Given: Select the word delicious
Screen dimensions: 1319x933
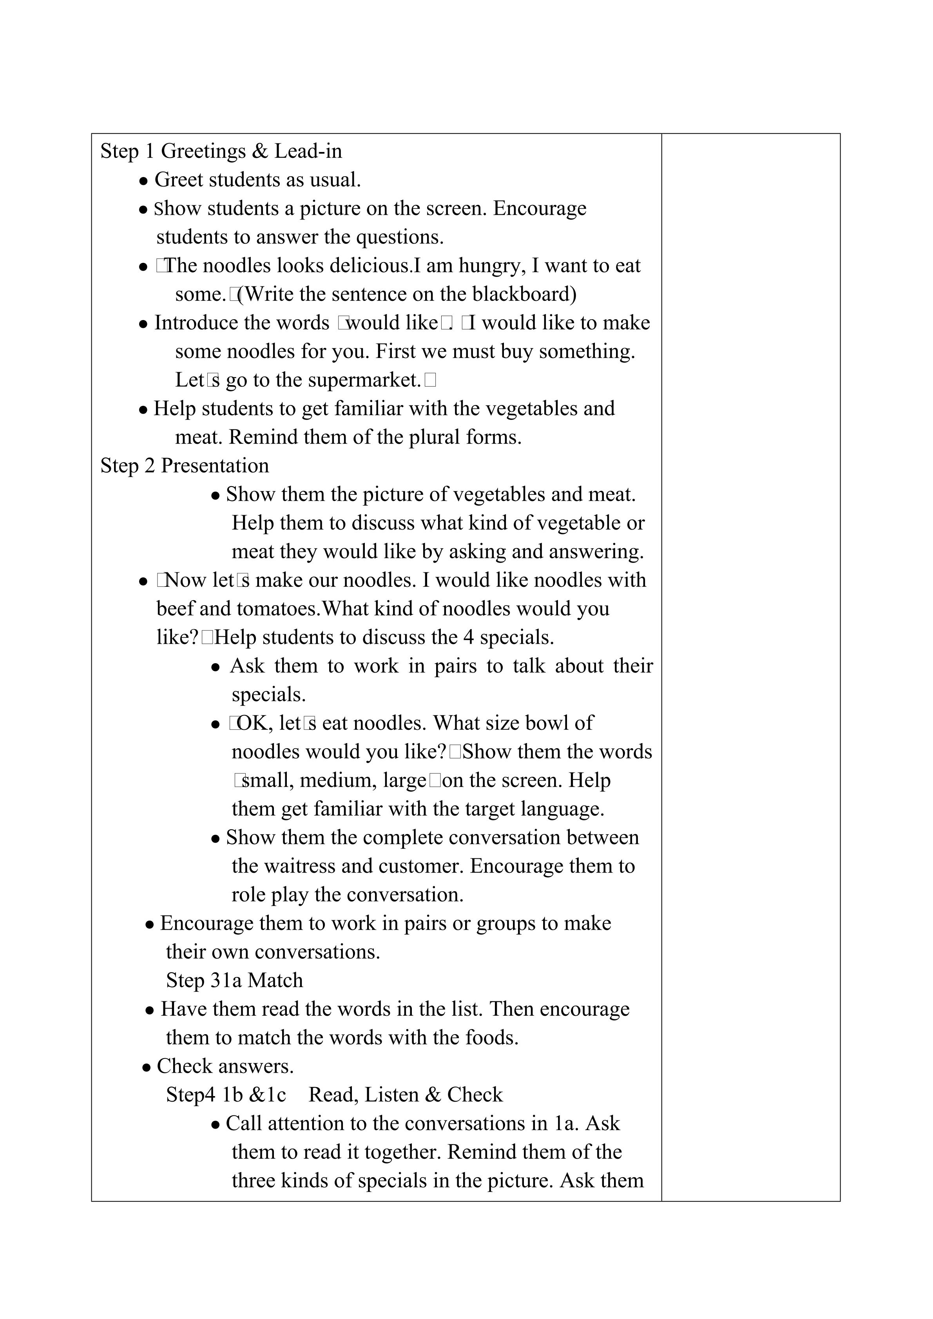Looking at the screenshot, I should click(363, 266).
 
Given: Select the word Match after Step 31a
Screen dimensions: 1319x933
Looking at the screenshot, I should click(275, 981).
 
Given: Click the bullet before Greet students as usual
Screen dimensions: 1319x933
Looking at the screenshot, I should click(144, 181).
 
